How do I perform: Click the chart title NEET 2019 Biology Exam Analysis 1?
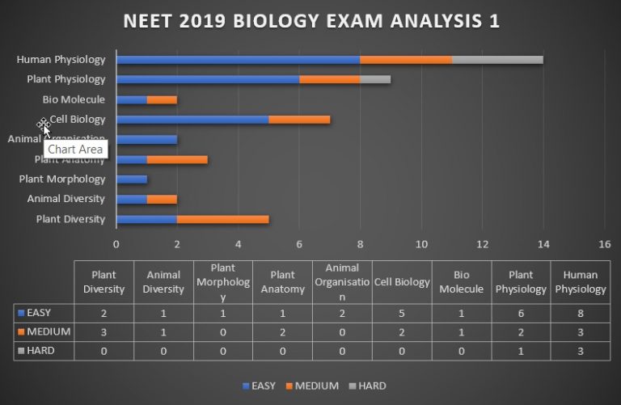[310, 22]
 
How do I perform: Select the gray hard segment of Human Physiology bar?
[497, 59]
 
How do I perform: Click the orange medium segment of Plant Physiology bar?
[329, 79]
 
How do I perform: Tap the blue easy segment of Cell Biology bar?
[192, 120]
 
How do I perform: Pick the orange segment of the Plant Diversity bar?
[222, 219]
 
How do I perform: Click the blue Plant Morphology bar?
[131, 179]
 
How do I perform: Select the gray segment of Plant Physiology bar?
[375, 79]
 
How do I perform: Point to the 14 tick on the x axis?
[543, 243]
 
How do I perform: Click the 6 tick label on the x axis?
[299, 243]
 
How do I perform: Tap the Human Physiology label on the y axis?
[61, 59]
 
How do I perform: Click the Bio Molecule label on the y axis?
[74, 99]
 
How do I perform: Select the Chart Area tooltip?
[75, 149]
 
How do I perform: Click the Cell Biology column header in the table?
[402, 282]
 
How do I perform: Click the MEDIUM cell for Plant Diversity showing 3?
[103, 331]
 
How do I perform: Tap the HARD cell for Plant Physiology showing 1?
[521, 351]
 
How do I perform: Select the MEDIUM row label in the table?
[44, 331]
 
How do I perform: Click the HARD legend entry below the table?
[368, 386]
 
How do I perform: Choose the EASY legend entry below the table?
[259, 386]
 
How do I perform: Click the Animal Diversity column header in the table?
[163, 282]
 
